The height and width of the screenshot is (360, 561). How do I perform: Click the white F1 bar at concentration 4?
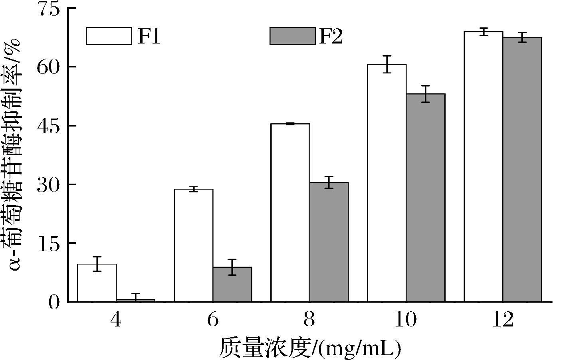[97, 283]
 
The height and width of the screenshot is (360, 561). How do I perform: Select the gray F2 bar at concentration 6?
[232, 285]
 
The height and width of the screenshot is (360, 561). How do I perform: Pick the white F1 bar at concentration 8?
[290, 213]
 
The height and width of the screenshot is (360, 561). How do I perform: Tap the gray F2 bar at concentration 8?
[329, 242]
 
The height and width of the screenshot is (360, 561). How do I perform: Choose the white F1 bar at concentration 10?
[387, 183]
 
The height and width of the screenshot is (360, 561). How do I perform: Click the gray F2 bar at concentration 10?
[426, 198]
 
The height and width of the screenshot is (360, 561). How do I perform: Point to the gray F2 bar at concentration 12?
[522, 170]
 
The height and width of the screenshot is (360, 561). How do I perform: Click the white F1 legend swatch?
[109, 36]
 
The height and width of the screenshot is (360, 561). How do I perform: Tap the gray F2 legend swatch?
[293, 36]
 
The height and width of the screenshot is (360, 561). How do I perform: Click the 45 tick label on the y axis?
[48, 126]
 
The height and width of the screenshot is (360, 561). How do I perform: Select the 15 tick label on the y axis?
[48, 243]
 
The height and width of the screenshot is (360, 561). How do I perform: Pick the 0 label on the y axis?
[54, 303]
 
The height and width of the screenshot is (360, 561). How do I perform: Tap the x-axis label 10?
[405, 320]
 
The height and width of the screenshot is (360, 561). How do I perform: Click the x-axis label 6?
[213, 320]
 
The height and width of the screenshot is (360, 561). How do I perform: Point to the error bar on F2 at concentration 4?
[135, 297]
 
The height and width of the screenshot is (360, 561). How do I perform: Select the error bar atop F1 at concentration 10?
[387, 64]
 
